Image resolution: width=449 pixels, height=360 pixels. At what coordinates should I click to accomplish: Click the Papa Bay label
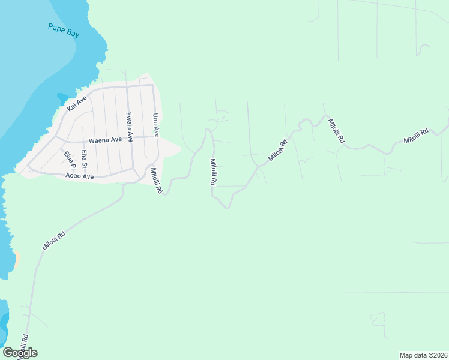coord(63,30)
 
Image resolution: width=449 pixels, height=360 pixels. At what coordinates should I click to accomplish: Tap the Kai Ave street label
coord(77,102)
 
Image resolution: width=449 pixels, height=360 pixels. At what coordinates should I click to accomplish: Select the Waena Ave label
coord(105,140)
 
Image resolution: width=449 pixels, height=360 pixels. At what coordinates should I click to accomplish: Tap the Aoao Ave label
coord(80,176)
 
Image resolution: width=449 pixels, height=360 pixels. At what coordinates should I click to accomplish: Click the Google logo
coord(20,352)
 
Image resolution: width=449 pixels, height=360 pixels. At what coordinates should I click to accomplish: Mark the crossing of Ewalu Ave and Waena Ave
coord(130,138)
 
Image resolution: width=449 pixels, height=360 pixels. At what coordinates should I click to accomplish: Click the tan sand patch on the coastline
coord(16,259)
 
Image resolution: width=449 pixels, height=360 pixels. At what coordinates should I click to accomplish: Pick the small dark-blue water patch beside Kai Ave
coord(63,97)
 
